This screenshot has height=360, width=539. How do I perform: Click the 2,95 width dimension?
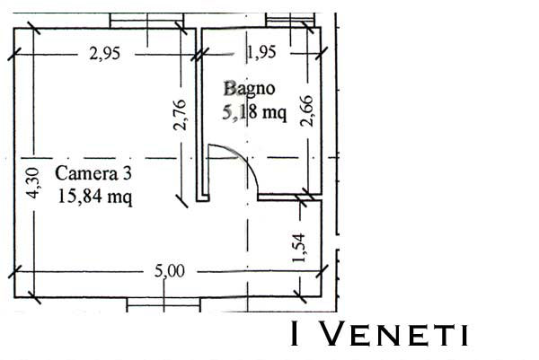(105, 54)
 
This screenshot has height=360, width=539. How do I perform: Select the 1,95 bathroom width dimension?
(261, 52)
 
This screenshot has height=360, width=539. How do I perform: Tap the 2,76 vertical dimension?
(180, 115)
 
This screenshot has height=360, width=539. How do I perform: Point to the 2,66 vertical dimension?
(306, 110)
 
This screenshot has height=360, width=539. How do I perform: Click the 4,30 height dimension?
(34, 183)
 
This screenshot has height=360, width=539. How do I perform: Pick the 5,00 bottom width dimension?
(170, 271)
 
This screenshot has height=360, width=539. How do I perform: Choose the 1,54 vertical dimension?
(299, 248)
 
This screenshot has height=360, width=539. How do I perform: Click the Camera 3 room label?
(93, 173)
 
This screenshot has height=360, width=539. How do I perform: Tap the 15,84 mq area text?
(95, 198)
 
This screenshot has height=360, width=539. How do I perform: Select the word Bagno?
(249, 89)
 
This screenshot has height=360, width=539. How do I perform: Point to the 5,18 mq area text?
(254, 113)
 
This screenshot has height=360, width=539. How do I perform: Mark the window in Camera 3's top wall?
(146, 21)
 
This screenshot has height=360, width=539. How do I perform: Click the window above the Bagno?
(290, 20)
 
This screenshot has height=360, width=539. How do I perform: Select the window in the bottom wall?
(163, 304)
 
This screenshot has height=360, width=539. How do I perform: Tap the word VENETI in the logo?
(395, 334)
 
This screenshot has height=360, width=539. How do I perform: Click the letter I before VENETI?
(295, 334)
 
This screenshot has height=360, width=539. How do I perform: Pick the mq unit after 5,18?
(274, 114)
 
